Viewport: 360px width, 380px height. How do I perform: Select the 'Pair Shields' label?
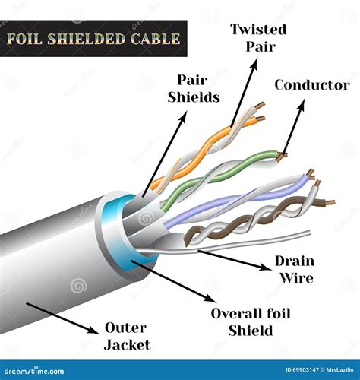(198, 88)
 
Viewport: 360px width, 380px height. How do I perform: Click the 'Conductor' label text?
(311, 84)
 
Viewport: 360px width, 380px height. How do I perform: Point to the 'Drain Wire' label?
(294, 270)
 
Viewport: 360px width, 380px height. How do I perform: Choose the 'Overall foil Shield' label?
(251, 321)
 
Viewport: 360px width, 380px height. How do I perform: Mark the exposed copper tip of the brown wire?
(328, 202)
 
